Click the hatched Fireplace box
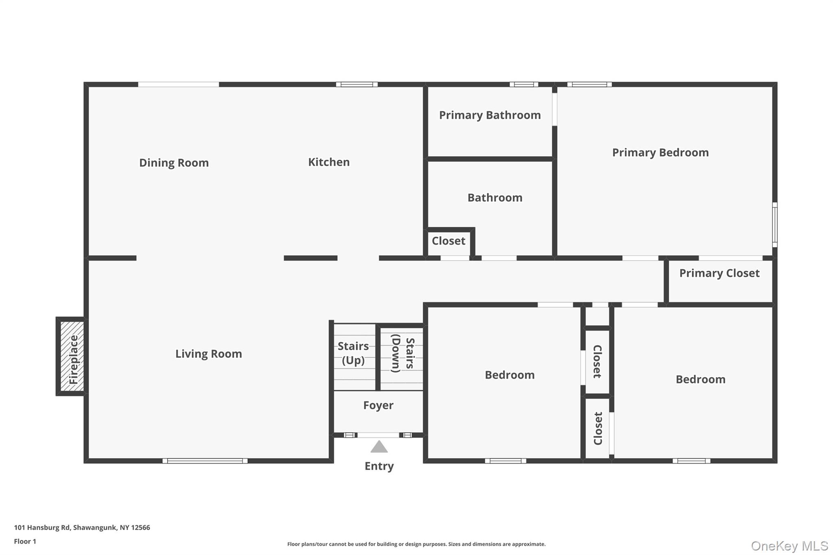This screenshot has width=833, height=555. pyautogui.click(x=72, y=357)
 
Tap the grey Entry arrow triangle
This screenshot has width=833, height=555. pyautogui.click(x=379, y=447)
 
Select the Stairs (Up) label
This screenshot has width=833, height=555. pyautogui.click(x=353, y=353)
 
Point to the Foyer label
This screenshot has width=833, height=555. pyautogui.click(x=378, y=405)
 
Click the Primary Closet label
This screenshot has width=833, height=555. pyautogui.click(x=719, y=273)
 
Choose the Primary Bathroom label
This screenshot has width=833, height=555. pyautogui.click(x=490, y=115)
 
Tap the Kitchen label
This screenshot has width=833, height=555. pyautogui.click(x=329, y=162)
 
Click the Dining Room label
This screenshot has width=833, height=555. pyautogui.click(x=174, y=163)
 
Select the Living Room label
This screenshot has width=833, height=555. pyautogui.click(x=208, y=354)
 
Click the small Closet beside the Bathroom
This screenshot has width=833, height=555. pyautogui.click(x=448, y=241)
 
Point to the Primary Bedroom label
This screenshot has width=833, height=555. pyautogui.click(x=660, y=152)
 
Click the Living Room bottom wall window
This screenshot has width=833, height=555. pyautogui.click(x=205, y=461)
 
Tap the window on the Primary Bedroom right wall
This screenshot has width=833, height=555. pyautogui.click(x=774, y=225)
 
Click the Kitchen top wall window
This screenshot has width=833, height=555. pyautogui.click(x=357, y=85)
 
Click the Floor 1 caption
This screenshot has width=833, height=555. pyautogui.click(x=25, y=541)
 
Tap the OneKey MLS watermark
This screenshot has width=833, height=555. pyautogui.click(x=789, y=546)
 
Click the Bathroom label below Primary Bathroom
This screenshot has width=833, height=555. pyautogui.click(x=495, y=198)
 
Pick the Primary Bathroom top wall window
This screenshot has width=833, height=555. pyautogui.click(x=524, y=85)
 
